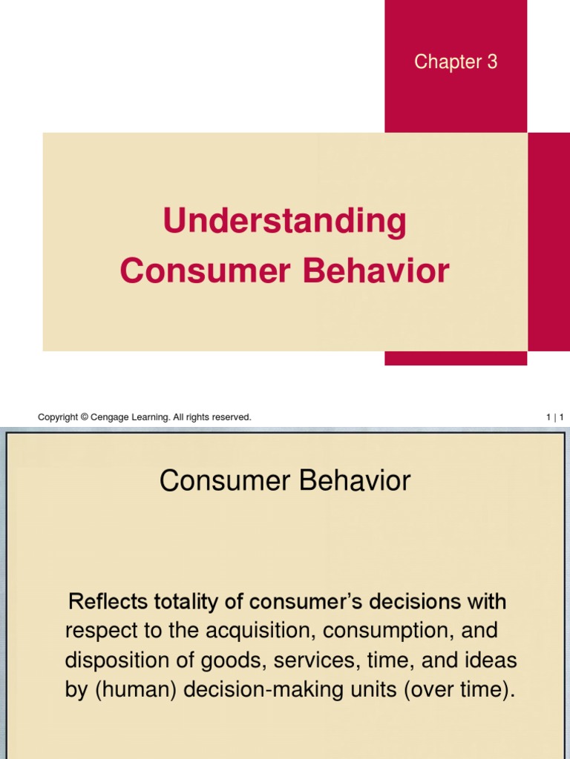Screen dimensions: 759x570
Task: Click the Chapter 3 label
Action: (x=456, y=62)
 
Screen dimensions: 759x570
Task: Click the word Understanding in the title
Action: (x=285, y=222)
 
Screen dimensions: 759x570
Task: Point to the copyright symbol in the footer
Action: (x=84, y=418)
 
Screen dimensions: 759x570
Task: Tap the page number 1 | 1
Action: (x=555, y=418)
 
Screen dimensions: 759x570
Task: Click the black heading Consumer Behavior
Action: (x=285, y=482)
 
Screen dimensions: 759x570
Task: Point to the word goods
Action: (x=202, y=661)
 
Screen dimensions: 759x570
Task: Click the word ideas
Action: (x=491, y=661)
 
